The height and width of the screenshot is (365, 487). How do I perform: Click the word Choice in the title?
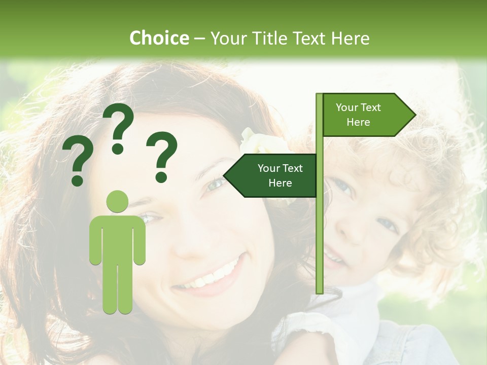[x=159, y=38]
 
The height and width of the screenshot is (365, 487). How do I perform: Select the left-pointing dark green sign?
[x=271, y=175]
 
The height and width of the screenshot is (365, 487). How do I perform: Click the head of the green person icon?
[x=117, y=201]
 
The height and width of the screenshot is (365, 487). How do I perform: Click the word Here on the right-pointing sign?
[x=358, y=122]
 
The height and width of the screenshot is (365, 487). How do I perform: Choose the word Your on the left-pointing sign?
[x=268, y=168]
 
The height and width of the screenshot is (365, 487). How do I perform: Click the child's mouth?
[x=335, y=259]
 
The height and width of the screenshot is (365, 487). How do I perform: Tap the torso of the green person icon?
[x=117, y=238]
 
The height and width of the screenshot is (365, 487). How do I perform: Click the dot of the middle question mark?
[x=118, y=149]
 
